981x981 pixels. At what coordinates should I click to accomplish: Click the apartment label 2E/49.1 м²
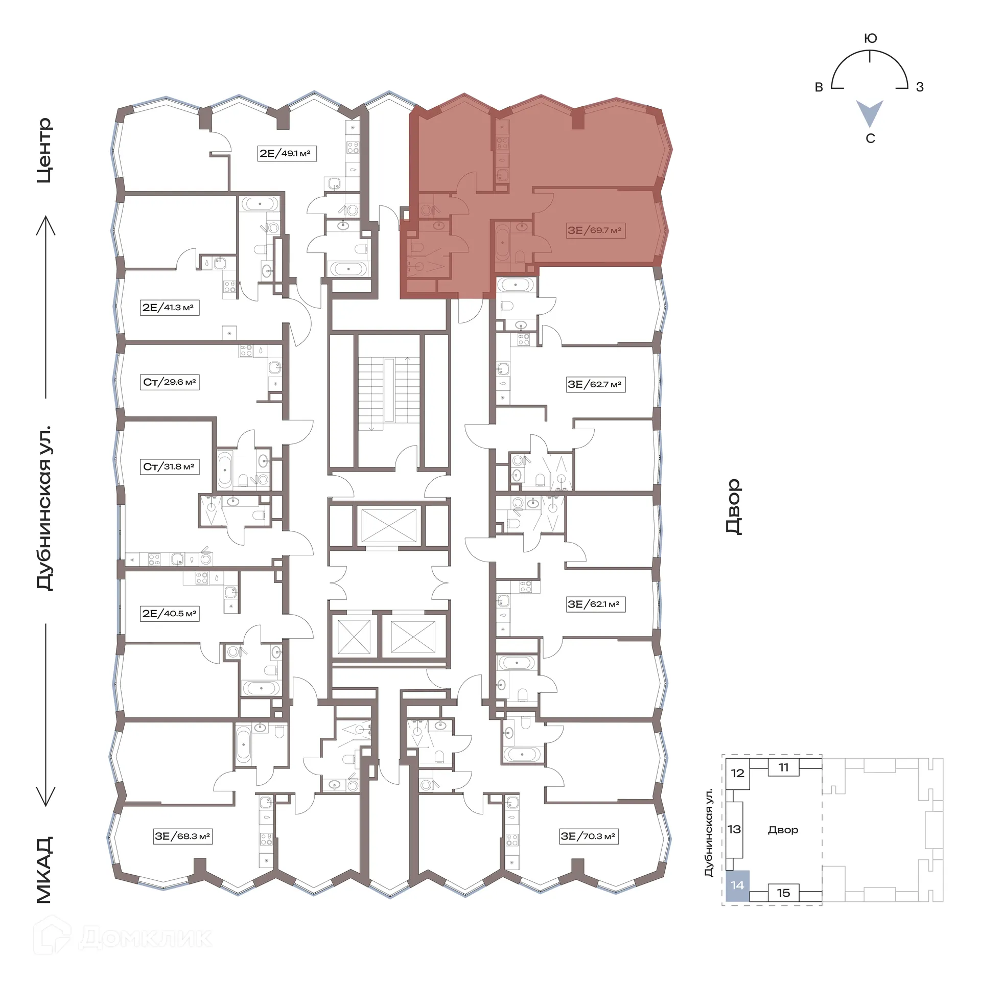(x=287, y=153)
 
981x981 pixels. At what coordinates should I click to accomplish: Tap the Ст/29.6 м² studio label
(x=170, y=382)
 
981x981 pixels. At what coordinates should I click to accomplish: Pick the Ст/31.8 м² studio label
(x=169, y=466)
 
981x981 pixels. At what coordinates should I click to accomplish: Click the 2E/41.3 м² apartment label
(x=169, y=308)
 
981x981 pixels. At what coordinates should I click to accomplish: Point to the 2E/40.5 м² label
(x=170, y=614)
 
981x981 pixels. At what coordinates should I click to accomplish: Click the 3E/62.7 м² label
(x=595, y=384)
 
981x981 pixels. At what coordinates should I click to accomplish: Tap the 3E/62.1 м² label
(x=595, y=604)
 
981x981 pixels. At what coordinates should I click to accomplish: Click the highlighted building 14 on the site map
(x=737, y=885)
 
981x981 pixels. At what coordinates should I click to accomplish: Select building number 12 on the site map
(x=737, y=773)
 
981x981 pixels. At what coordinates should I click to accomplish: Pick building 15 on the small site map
(x=783, y=893)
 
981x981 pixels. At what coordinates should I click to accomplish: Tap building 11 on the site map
(x=783, y=767)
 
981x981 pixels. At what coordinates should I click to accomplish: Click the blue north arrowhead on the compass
(x=870, y=112)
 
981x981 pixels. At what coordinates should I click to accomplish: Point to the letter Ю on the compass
(x=870, y=38)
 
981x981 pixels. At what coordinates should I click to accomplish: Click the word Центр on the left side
(x=44, y=150)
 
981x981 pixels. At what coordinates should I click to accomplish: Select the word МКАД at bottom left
(x=44, y=870)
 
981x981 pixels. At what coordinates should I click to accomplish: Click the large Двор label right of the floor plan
(x=733, y=506)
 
